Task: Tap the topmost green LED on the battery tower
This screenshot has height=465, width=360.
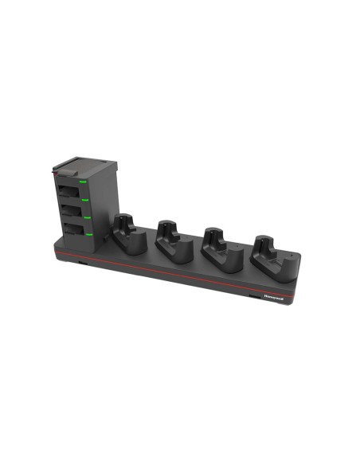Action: pyautogui.click(x=83, y=182)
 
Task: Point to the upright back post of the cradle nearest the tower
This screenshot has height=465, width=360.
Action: pyautogui.click(x=123, y=221)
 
